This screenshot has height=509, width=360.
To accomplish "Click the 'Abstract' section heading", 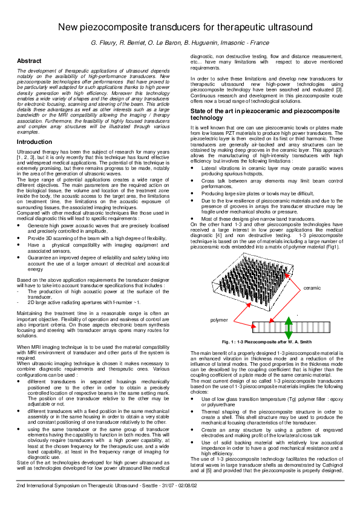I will [x=29, y=61].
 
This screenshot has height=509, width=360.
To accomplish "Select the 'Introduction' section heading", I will [x=34, y=141].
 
